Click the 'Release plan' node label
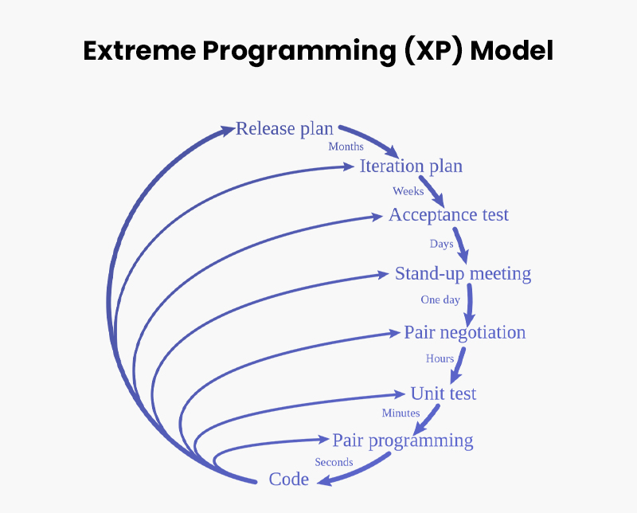pyautogui.click(x=284, y=129)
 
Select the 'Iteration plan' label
pyautogui.click(x=411, y=166)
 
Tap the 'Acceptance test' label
pyautogui.click(x=448, y=215)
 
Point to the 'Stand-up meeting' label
pyautogui.click(x=463, y=274)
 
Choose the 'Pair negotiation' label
pyautogui.click(x=464, y=332)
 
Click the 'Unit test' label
pyautogui.click(x=443, y=394)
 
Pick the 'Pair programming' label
pyautogui.click(x=402, y=441)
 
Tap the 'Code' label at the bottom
pyautogui.click(x=288, y=480)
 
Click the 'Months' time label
pyautogui.click(x=346, y=147)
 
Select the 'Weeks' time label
pyautogui.click(x=408, y=191)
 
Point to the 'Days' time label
pyautogui.click(x=442, y=244)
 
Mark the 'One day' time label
pyautogui.click(x=440, y=300)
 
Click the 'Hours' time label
pyautogui.click(x=440, y=358)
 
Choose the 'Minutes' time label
pyautogui.click(x=401, y=413)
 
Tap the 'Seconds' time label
pyautogui.click(x=334, y=462)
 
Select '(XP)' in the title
pyautogui.click(x=432, y=50)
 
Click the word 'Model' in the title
pyautogui.click(x=511, y=50)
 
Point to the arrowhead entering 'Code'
pyautogui.click(x=322, y=480)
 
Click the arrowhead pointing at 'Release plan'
pyautogui.click(x=228, y=128)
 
